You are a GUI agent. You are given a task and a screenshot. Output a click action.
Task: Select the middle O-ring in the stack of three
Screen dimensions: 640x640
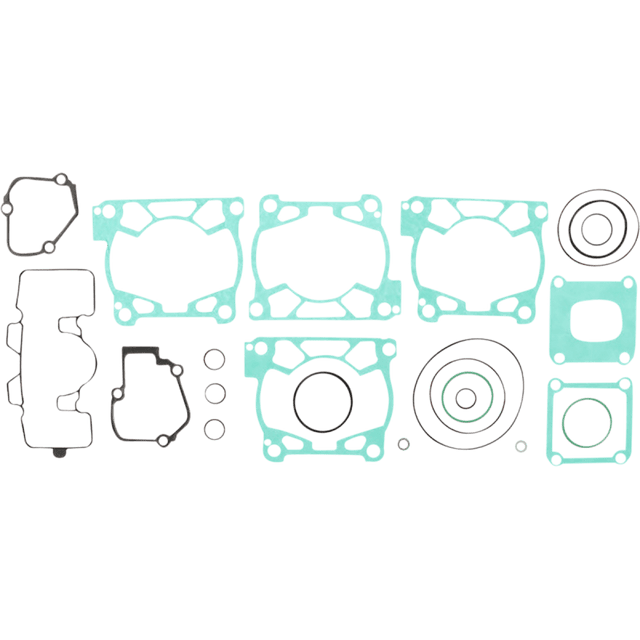(213, 393)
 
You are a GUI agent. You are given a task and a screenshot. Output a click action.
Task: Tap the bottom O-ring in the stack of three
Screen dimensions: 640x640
(213, 429)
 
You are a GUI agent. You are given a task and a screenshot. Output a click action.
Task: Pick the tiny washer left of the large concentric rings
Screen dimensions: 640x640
(402, 444)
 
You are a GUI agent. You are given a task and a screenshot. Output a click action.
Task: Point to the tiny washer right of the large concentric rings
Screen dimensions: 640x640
(520, 444)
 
